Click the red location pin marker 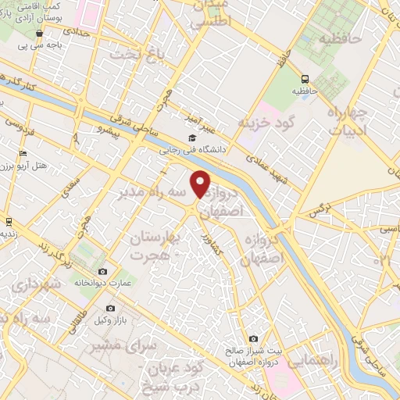(x=202, y=183)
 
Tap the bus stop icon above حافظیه (x=305, y=78)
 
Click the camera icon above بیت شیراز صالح (x=253, y=338)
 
